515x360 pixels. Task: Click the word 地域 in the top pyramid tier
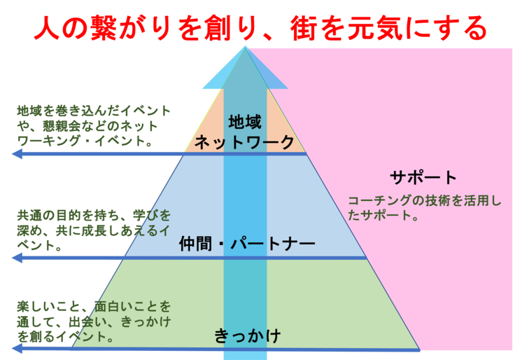point(245,123)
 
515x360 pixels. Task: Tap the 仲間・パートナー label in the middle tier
point(247,244)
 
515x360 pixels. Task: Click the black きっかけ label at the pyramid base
point(247,336)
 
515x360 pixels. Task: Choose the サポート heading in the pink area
point(423,177)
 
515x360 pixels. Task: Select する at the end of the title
point(465,29)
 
